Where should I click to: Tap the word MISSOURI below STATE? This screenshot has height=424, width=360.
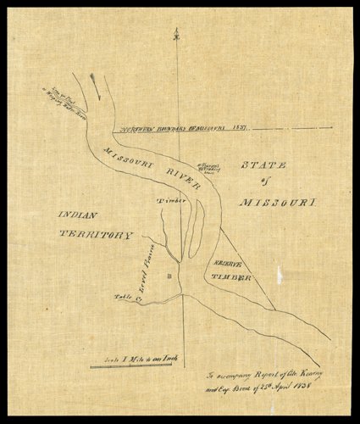tap(276, 204)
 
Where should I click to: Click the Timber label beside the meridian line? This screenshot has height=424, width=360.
tap(169, 200)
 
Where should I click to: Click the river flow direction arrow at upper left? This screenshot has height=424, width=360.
tap(95, 82)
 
